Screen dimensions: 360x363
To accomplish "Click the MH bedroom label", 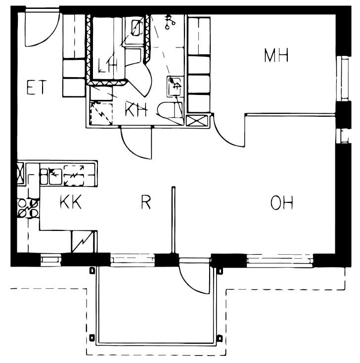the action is [x=276, y=55].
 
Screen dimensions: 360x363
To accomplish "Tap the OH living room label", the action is [x=281, y=203].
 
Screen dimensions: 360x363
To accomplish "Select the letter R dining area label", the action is [x=146, y=202].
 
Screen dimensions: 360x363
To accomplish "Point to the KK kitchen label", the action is [x=71, y=202].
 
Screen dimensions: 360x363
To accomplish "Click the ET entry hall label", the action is [x=37, y=87].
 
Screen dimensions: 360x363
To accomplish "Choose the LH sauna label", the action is [x=107, y=65].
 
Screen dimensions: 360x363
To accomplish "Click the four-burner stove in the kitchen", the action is [x=28, y=208].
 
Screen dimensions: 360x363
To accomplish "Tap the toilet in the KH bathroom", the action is [x=170, y=110].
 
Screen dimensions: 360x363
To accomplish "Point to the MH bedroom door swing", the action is [x=228, y=131].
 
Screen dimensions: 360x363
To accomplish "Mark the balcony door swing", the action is [x=195, y=276].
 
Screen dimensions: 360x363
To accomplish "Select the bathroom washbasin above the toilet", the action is [x=175, y=87].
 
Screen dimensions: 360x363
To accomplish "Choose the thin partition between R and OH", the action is [x=174, y=220].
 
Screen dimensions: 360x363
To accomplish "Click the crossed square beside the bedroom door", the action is [x=197, y=121].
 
